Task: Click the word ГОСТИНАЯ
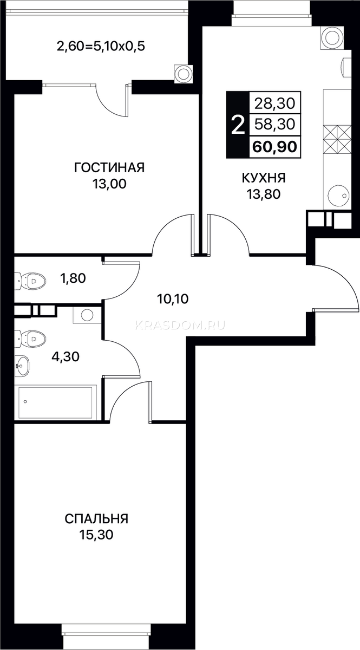click(109, 168)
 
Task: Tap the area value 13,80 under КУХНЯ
click(264, 194)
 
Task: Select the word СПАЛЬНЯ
click(96, 518)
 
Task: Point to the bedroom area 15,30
click(96, 534)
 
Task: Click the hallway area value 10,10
click(173, 298)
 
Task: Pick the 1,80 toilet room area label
click(73, 278)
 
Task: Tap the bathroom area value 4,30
click(66, 356)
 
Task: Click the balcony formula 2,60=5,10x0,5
click(101, 46)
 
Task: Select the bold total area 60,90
click(274, 147)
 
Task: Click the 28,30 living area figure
click(274, 103)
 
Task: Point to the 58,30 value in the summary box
click(274, 125)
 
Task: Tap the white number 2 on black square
click(238, 125)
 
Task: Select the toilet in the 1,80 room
click(30, 281)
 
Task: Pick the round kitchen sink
click(338, 196)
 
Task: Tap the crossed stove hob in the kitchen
click(338, 139)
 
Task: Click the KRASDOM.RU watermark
click(180, 326)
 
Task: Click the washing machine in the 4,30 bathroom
click(87, 315)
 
